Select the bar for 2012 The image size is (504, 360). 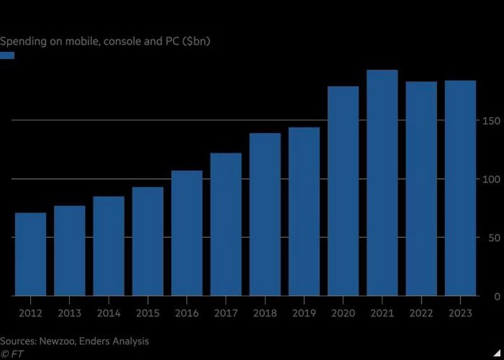pos(30,254)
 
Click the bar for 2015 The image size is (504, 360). pos(147,241)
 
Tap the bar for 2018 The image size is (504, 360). pos(265,214)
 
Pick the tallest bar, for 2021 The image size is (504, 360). pos(382,183)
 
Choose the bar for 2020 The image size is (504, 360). pos(343,191)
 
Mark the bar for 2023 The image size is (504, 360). pos(461,188)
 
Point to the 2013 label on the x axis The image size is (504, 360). pos(69,313)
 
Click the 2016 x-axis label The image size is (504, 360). pos(186,313)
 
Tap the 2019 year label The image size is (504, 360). pos(304,313)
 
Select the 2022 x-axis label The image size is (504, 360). pos(421,313)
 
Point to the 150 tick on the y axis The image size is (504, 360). pos(491,121)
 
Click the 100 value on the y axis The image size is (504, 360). pos(491,180)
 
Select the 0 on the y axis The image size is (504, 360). pos(496,296)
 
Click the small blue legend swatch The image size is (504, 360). pos(7,55)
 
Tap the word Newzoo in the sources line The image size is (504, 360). pos(59,341)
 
